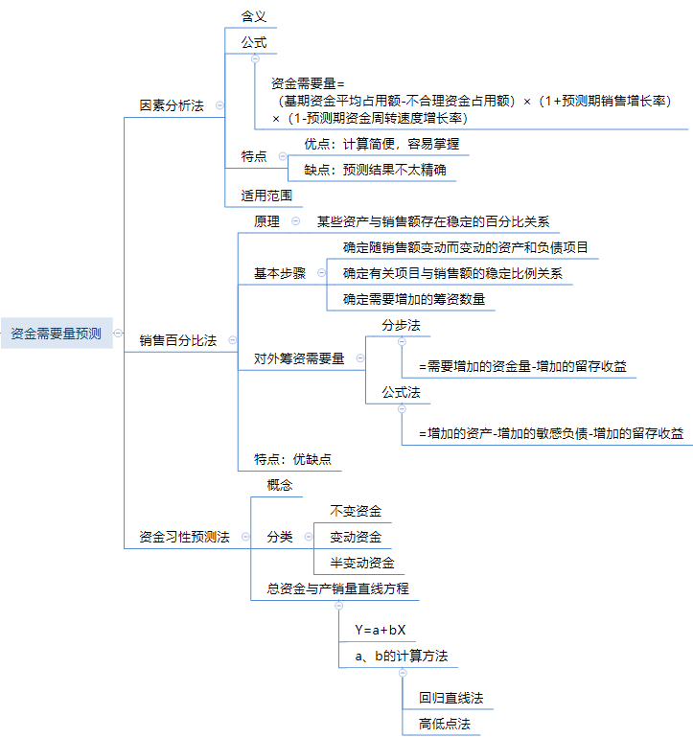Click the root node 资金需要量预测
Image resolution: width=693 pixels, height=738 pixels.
(x=56, y=334)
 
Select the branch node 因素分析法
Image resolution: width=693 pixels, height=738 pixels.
(x=172, y=105)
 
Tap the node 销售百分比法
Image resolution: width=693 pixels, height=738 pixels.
(x=177, y=340)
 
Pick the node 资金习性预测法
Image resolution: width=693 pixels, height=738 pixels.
(x=184, y=537)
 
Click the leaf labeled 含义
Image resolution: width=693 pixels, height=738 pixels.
(x=254, y=16)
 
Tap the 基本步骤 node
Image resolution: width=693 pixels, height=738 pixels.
(x=280, y=273)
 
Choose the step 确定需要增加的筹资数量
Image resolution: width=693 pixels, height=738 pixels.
(x=414, y=299)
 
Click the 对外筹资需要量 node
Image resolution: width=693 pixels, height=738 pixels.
(x=299, y=358)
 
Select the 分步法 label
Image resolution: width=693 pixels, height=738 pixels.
(x=401, y=325)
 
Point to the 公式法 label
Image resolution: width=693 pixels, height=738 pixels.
(x=401, y=392)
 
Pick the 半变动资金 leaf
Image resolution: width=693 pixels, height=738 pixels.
(x=361, y=563)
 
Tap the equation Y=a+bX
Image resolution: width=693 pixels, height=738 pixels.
(x=381, y=630)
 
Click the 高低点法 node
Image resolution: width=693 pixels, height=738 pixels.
(x=445, y=724)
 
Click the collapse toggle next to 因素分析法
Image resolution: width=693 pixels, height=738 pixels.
(x=219, y=105)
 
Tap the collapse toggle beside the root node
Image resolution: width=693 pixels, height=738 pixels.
(x=118, y=334)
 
